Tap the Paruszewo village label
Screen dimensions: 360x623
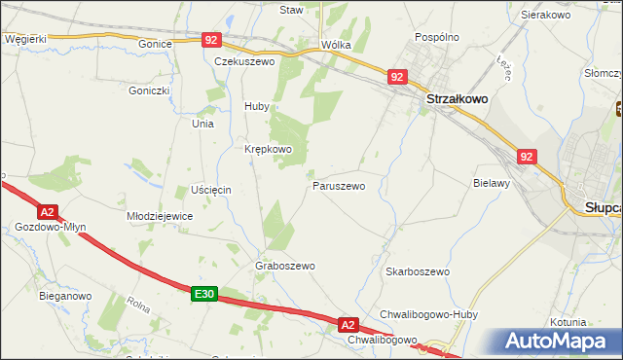(x=339, y=185)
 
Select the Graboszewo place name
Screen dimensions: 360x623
(x=285, y=266)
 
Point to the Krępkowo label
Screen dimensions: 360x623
(x=268, y=149)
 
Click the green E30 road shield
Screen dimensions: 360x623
(x=202, y=294)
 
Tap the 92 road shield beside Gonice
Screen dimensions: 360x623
(x=213, y=40)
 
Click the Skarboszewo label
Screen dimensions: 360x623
(x=417, y=271)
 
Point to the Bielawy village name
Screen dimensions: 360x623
(x=492, y=183)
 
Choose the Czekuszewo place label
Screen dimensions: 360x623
(x=244, y=60)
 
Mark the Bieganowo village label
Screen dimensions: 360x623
(x=65, y=295)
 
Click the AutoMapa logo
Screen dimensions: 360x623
(x=556, y=342)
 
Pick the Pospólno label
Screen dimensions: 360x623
(x=436, y=37)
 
